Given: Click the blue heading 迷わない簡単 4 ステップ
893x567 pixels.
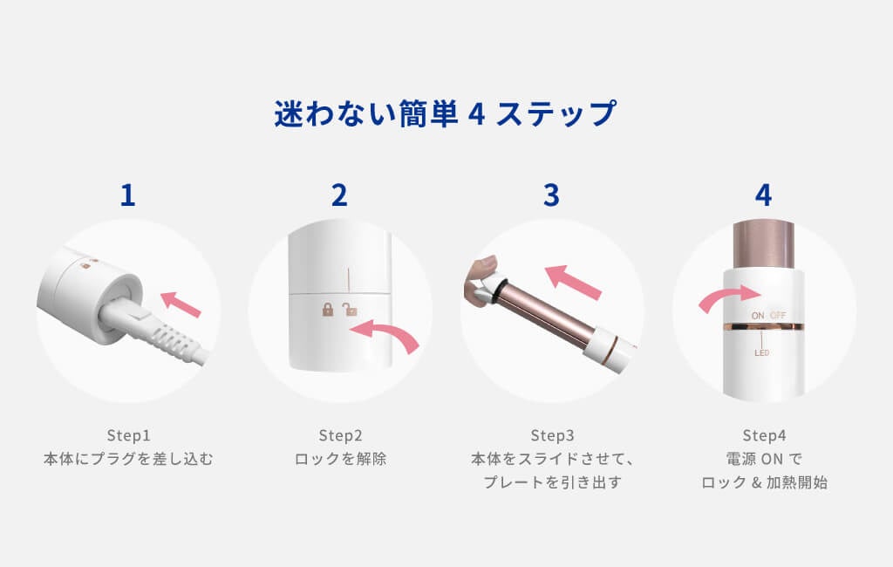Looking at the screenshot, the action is coord(445,113).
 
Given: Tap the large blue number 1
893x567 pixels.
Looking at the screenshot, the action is coord(127,195).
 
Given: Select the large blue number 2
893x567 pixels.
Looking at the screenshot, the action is coord(339,195).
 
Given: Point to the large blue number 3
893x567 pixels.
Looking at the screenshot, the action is coord(551,195).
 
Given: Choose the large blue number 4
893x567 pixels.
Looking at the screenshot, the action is coord(763,195).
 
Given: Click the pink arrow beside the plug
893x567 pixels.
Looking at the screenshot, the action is coord(181,304).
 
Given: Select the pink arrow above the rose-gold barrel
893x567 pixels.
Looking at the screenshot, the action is coord(572,282).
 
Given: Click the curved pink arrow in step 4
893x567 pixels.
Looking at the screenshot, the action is coord(729,297).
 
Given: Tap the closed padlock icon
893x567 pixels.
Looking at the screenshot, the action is coord(328,310).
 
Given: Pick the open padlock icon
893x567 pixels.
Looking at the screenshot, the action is coord(349,310).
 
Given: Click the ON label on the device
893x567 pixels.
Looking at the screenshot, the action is coord(758,315).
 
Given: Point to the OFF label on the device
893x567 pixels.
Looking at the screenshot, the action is coord(778,315).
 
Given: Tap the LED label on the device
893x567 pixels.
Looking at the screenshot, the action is coord(761,352).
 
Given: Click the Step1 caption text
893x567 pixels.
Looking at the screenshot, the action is coord(129,435).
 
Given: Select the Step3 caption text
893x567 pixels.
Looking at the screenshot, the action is coord(552,435).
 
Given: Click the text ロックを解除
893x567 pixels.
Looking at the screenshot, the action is coord(340,459).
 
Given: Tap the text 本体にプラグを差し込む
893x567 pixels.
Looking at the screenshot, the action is coord(128,459).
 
